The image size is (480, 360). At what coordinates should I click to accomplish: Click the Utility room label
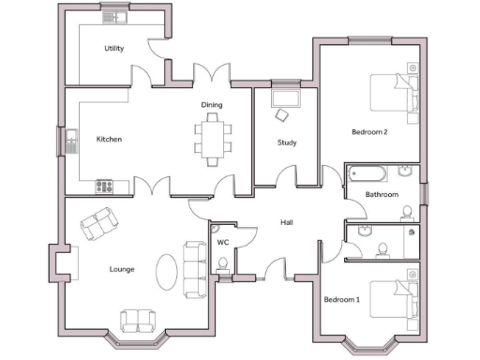tap(114, 48)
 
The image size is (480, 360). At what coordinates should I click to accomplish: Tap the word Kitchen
tap(110, 140)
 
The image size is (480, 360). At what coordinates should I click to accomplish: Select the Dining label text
tap(211, 105)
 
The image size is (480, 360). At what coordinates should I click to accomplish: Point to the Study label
tap(287, 142)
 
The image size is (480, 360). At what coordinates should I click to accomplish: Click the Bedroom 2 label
tap(369, 132)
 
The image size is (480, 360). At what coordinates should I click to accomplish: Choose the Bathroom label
tap(382, 194)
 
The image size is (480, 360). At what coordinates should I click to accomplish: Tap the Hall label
tap(288, 222)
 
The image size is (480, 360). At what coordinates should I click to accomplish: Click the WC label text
tap(222, 242)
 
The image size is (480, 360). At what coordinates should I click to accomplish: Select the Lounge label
tap(122, 269)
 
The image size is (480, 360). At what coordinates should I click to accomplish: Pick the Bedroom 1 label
tap(341, 300)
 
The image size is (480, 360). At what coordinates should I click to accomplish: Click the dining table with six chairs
tap(212, 136)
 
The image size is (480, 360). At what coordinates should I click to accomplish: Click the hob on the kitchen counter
tap(102, 185)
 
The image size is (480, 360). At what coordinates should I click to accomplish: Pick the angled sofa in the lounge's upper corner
tap(98, 224)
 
